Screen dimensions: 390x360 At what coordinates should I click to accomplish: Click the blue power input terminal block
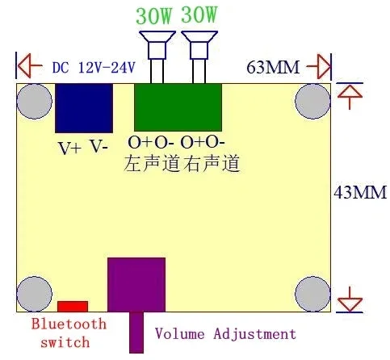pyautogui.click(x=84, y=108)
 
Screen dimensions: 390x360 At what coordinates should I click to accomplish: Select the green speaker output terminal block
pyautogui.click(x=178, y=107)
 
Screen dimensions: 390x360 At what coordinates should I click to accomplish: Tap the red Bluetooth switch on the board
pyautogui.click(x=73, y=307)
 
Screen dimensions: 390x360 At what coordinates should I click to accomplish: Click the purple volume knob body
pyautogui.click(x=136, y=285)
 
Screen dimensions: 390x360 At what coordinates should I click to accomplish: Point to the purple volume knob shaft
pyautogui.click(x=136, y=333)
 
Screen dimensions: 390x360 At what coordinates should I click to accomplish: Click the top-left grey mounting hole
pyautogui.click(x=35, y=102)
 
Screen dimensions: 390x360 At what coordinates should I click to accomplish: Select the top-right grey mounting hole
pyautogui.click(x=312, y=102)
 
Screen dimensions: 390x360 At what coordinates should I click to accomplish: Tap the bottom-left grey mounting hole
pyautogui.click(x=35, y=294)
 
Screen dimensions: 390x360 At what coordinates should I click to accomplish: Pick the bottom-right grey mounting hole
pyautogui.click(x=312, y=294)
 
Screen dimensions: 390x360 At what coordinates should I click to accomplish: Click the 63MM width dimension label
pyautogui.click(x=273, y=67)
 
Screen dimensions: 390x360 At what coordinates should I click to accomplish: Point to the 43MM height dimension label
pyautogui.click(x=360, y=192)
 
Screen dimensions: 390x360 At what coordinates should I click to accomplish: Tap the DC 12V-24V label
pyautogui.click(x=94, y=68)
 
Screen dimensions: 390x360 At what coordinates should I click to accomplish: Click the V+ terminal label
pyautogui.click(x=69, y=148)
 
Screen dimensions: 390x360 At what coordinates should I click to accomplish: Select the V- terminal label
pyautogui.click(x=99, y=147)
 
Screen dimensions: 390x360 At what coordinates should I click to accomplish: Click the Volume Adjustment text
pyautogui.click(x=225, y=334)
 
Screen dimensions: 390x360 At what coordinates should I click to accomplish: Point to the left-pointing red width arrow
pyautogui.click(x=30, y=65)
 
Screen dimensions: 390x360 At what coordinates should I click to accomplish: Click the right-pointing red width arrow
pyautogui.click(x=318, y=66)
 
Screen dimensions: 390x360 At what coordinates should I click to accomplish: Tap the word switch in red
pyautogui.click(x=65, y=342)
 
